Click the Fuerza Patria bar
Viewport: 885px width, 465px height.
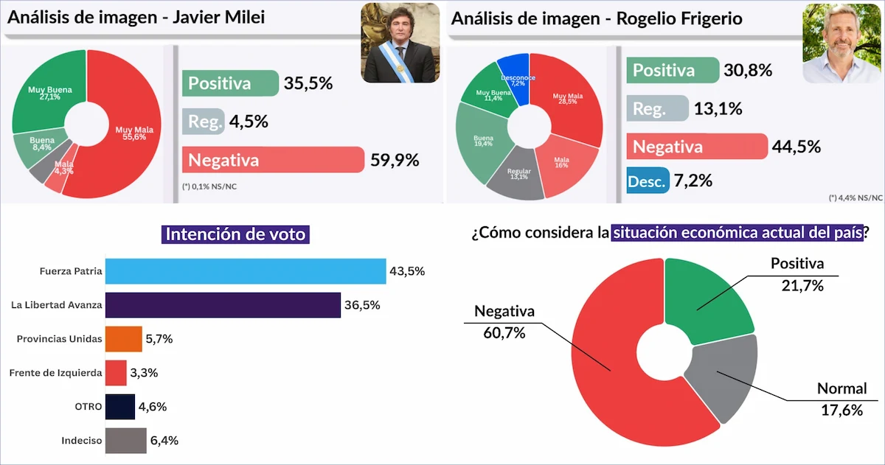(x=245, y=271)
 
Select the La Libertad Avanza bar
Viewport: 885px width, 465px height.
(x=223, y=305)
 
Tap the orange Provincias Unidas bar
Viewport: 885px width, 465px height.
(x=123, y=339)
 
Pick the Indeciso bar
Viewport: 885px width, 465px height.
(x=125, y=441)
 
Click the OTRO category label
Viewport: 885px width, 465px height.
(x=84, y=407)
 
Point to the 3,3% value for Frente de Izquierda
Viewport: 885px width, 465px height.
(x=143, y=373)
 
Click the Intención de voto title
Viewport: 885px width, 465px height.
(x=235, y=234)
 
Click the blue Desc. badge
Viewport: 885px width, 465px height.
(x=647, y=181)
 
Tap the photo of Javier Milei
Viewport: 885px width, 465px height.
(x=400, y=42)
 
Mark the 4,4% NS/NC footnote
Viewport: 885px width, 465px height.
(x=855, y=197)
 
